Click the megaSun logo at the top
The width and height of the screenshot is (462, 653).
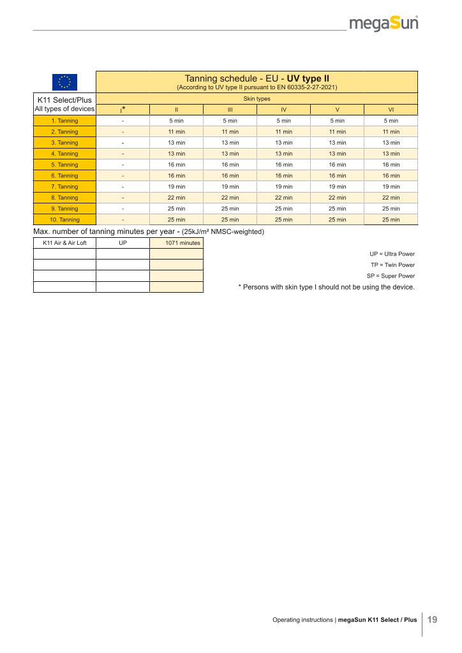point(384,24)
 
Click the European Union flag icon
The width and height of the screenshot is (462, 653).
point(64,82)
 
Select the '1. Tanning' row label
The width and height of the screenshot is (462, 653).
point(64,121)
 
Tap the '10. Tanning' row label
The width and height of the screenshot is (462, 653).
point(64,219)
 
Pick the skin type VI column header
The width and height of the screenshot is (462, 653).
point(391,110)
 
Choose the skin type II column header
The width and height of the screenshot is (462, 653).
point(176,110)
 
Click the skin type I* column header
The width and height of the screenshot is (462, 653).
point(123,109)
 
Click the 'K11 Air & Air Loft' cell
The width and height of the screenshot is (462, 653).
point(64,243)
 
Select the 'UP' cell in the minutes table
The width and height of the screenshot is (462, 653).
point(123,243)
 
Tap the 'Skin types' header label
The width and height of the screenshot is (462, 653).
point(257,99)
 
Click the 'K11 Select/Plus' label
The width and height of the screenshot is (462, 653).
point(64,99)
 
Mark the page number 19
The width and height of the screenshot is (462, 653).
point(432,619)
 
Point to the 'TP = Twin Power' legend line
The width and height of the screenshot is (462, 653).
point(392,265)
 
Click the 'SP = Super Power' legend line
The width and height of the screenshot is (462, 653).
point(391,275)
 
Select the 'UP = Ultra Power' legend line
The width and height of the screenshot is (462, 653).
point(392,254)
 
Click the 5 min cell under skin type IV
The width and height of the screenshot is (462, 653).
point(283,121)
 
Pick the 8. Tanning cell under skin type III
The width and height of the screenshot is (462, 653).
point(230,198)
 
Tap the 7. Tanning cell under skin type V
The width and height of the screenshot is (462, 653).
point(337,187)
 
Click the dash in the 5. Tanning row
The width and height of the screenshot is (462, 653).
point(123,165)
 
